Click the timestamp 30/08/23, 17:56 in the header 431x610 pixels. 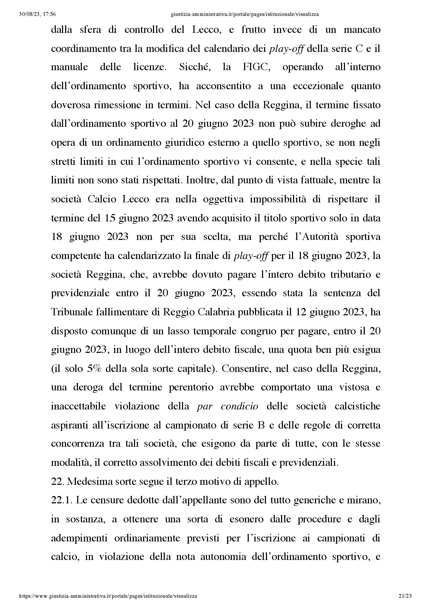point(38,14)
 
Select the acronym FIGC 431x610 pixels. point(256,67)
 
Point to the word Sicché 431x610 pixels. point(195,67)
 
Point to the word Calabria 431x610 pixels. point(216,312)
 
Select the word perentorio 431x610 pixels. point(191,387)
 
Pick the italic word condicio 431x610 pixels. point(239,406)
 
